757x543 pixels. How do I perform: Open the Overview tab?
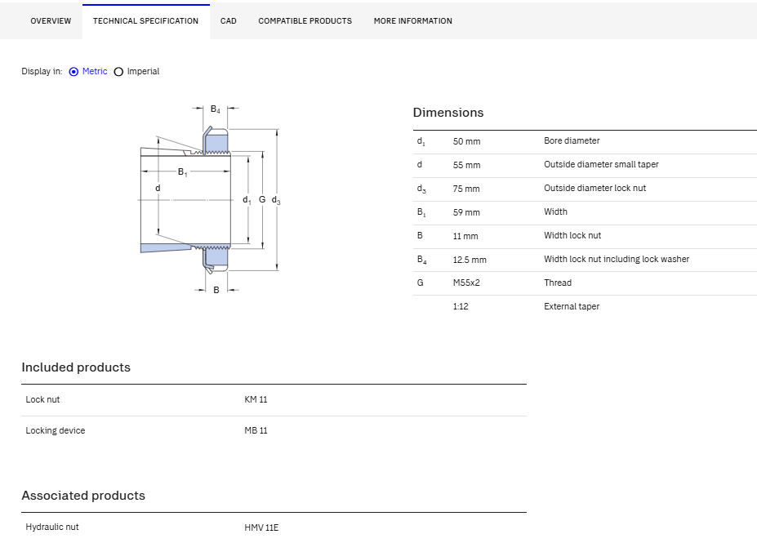pyautogui.click(x=51, y=20)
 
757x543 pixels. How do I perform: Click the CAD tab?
pyautogui.click(x=229, y=20)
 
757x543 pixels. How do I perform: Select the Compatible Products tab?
pyautogui.click(x=305, y=20)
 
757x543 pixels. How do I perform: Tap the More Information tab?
pyautogui.click(x=412, y=20)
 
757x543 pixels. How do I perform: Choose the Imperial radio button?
pyautogui.click(x=118, y=71)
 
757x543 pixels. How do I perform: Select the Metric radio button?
pyautogui.click(x=73, y=71)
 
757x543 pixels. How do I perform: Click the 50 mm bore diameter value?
pyautogui.click(x=466, y=141)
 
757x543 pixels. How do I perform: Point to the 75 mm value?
pyautogui.click(x=466, y=189)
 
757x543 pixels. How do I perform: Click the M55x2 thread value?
pyautogui.click(x=466, y=283)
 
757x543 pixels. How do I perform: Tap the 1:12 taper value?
pyautogui.click(x=461, y=306)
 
